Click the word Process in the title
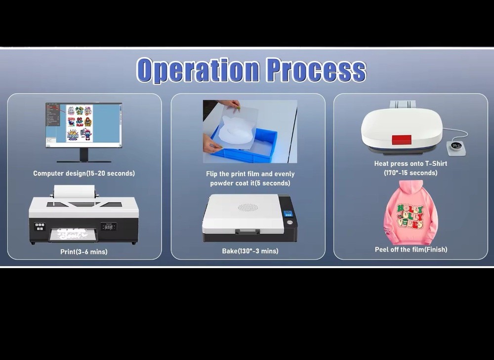316,70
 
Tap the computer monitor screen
83,124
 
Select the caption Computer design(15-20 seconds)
84,173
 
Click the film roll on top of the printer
74,191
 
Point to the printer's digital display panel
108,226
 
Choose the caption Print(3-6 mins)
84,252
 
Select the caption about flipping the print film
250,178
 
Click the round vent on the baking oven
248,207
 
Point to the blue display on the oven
288,214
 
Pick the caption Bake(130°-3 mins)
250,251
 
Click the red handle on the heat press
401,140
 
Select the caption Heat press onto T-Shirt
411,168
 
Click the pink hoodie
411,217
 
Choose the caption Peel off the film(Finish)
411,250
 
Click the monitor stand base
83,161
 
